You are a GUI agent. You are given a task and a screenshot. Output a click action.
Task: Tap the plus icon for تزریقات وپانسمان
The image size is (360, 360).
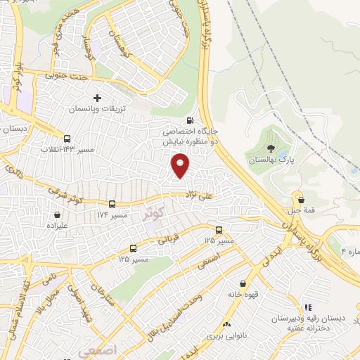[97, 98]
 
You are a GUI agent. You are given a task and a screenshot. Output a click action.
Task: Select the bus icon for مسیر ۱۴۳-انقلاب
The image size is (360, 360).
[67, 139]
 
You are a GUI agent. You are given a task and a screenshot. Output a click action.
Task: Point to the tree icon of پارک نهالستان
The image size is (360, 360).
[271, 148]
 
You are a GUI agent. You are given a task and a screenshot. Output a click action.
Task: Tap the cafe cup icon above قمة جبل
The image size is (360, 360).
[301, 200]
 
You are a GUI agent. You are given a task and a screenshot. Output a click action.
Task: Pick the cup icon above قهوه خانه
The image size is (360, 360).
[243, 283]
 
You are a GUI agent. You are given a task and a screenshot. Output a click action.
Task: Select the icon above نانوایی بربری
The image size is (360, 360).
[226, 324]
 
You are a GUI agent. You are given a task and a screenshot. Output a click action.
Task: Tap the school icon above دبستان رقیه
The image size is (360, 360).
[307, 307]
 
